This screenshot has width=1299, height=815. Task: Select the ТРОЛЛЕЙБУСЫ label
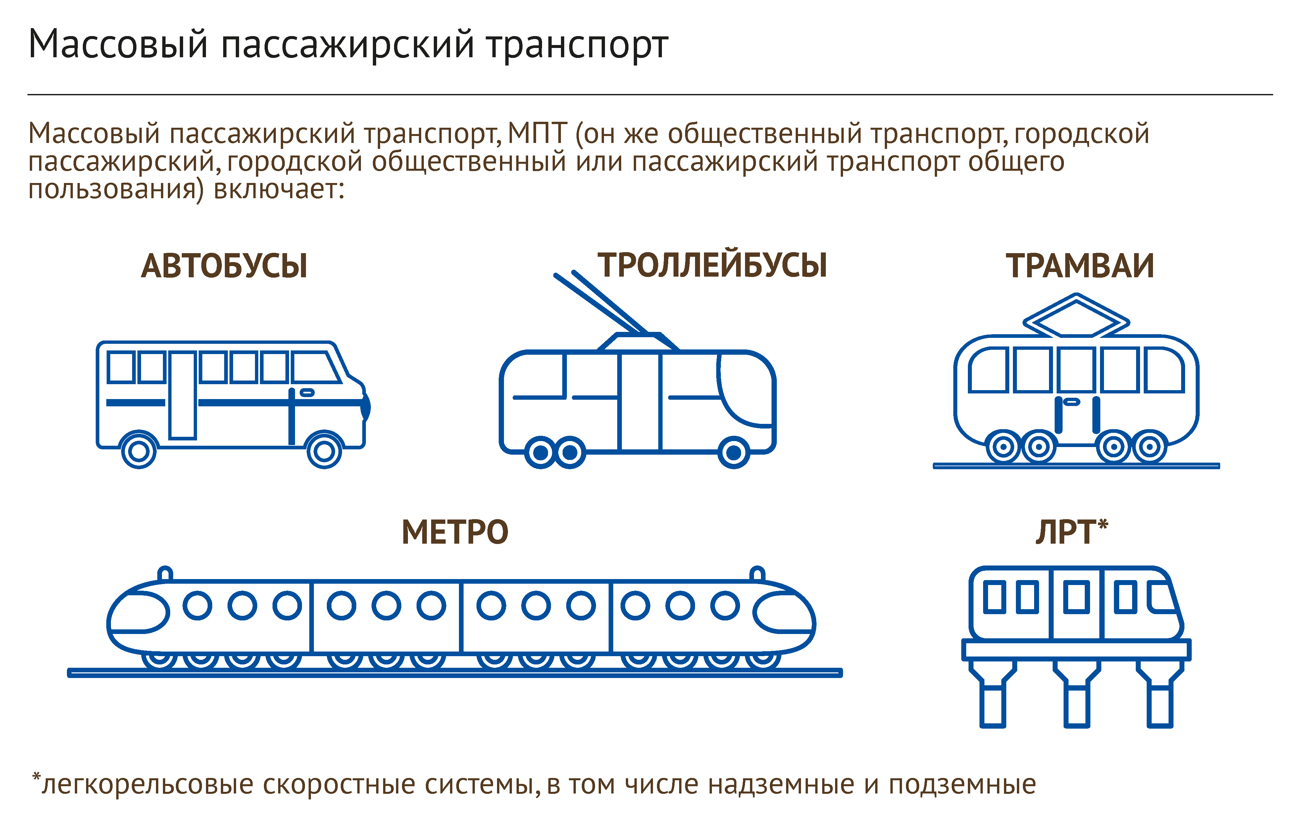pos(712,265)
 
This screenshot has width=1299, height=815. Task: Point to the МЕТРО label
pos(455,532)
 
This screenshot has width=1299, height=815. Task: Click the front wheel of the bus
pos(324,450)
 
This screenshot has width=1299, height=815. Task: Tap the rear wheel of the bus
pos(139,450)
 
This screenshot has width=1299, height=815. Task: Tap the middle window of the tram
pos(1076,370)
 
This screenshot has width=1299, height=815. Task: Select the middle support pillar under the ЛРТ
pos(1076,693)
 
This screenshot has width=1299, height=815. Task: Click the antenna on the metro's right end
pos(758,573)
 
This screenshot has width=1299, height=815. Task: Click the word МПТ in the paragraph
pos(537,133)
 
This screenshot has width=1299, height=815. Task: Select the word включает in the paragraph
pos(278,189)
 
